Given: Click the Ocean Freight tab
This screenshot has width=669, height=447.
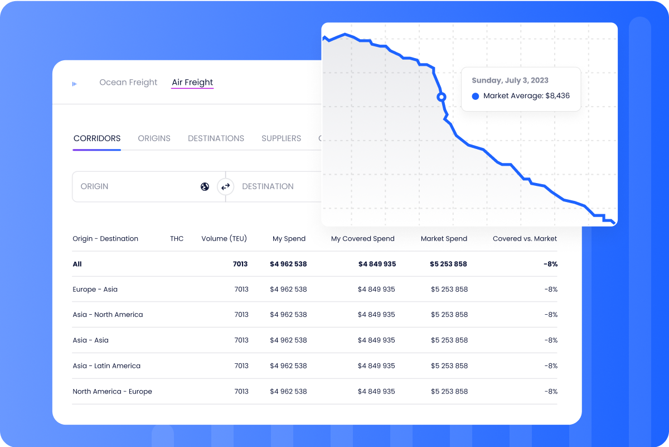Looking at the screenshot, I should (128, 83).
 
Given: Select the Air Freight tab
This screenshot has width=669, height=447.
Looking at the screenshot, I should (192, 83).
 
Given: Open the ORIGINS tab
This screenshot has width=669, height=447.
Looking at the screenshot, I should (154, 138).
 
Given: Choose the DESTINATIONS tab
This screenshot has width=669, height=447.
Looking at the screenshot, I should (216, 138).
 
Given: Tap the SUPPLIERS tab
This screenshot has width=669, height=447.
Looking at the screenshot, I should (281, 138).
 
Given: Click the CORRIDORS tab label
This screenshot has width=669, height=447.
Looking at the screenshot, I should (97, 138).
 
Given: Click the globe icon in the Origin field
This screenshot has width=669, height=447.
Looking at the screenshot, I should (205, 186).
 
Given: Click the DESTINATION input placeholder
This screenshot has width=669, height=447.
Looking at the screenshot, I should (268, 186).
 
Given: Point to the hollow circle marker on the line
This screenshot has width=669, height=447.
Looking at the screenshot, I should (442, 97).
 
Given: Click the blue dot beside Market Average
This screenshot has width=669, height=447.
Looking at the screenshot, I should (476, 96).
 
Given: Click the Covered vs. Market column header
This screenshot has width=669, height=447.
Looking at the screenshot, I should (525, 238).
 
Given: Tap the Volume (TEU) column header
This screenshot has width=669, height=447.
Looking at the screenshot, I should (224, 238).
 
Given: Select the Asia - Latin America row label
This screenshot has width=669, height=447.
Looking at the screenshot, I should (106, 366).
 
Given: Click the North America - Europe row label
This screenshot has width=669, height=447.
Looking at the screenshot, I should (112, 392).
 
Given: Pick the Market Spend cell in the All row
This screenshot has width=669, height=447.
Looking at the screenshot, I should (449, 264).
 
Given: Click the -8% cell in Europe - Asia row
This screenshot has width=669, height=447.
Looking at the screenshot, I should (551, 290).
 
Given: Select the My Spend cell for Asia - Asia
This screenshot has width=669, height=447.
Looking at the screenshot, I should (288, 340).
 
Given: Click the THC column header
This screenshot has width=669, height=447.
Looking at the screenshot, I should (177, 238).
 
